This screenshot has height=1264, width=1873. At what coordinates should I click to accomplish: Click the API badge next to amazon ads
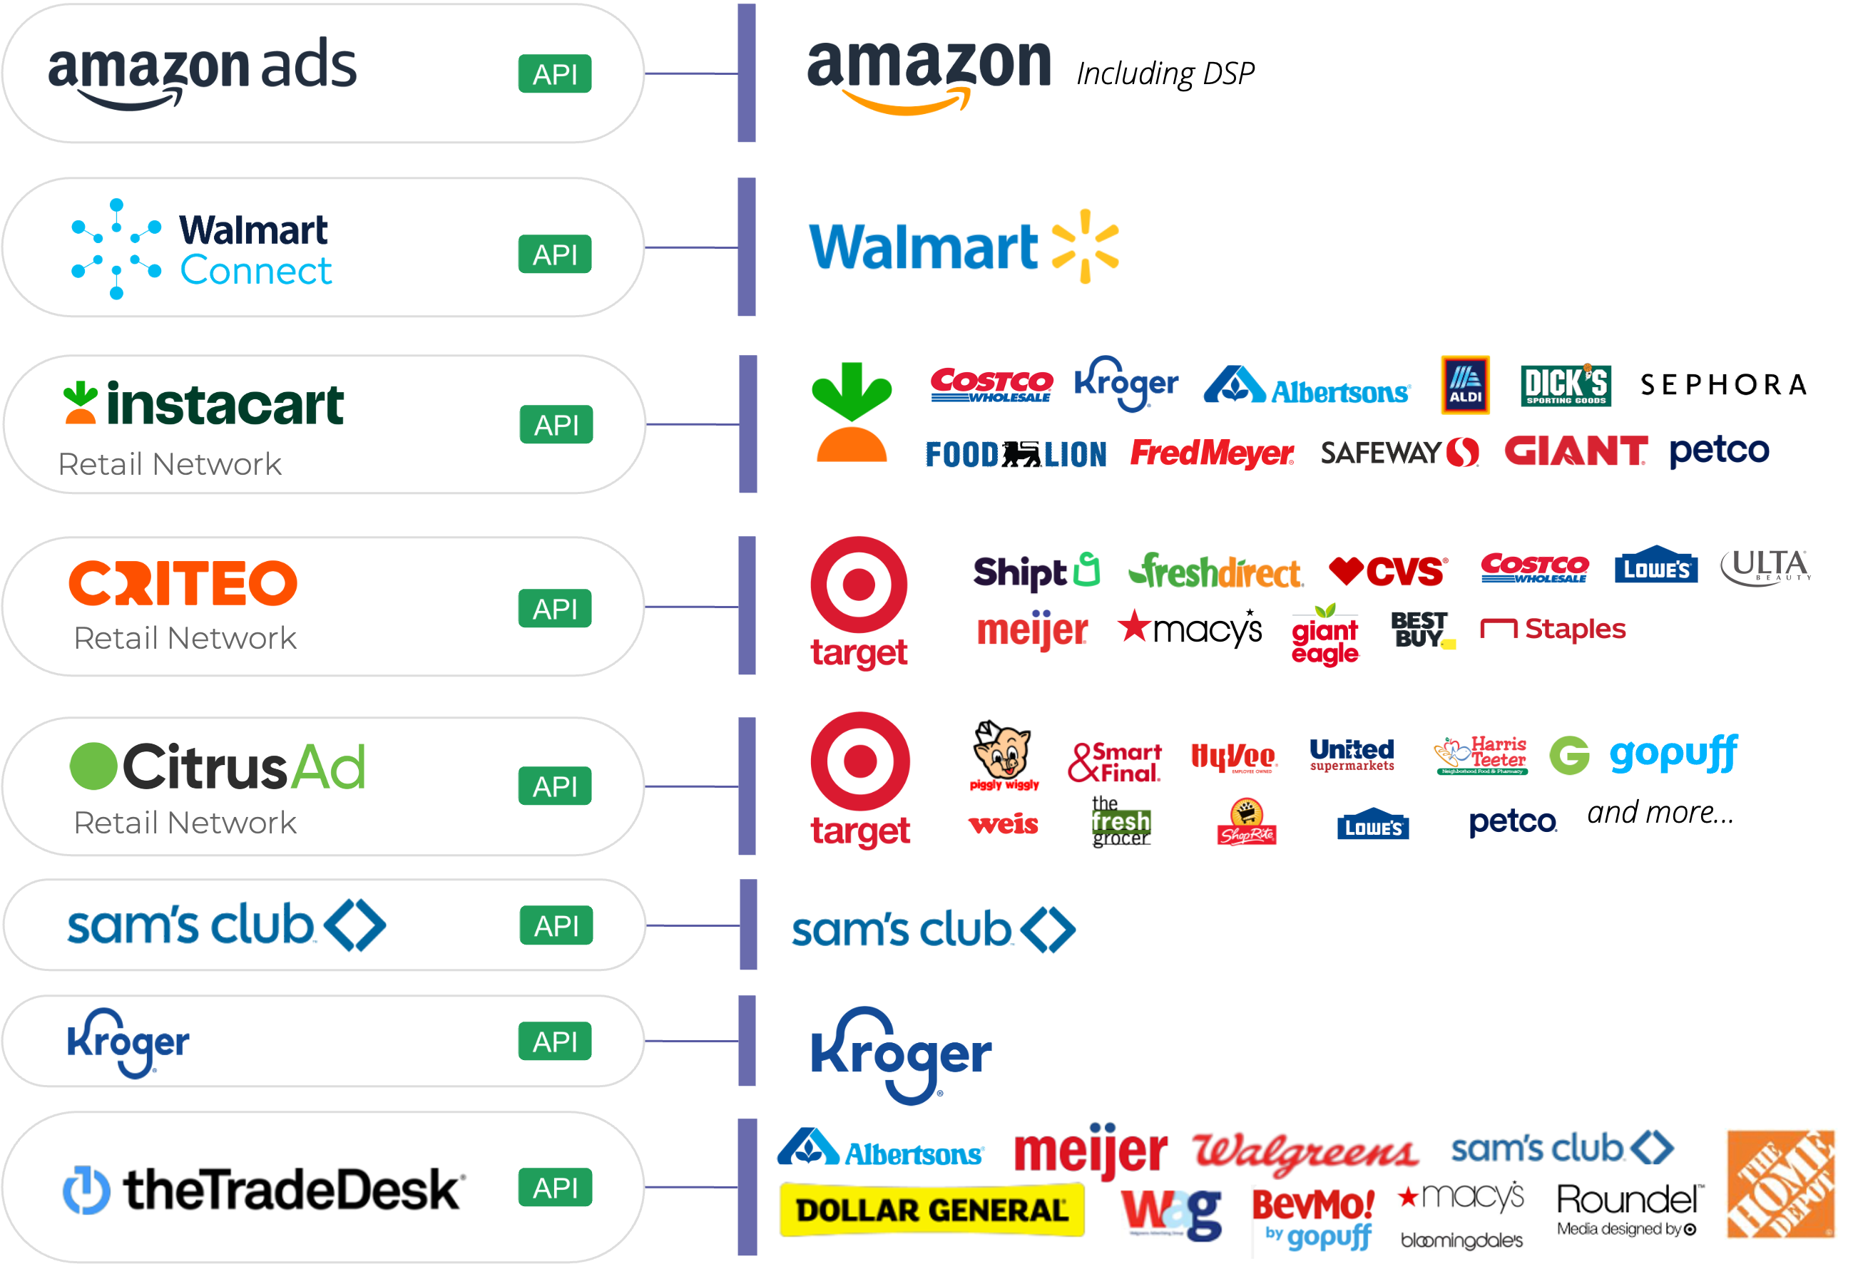(x=554, y=74)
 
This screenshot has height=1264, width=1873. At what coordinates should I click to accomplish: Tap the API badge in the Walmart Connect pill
(x=554, y=255)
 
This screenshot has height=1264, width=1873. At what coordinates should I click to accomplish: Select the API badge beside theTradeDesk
(x=554, y=1188)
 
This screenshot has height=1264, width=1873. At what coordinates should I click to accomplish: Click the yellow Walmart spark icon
(x=1086, y=247)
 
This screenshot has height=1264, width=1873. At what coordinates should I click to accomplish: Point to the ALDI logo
(x=1464, y=385)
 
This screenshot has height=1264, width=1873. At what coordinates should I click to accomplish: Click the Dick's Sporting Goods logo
(x=1565, y=385)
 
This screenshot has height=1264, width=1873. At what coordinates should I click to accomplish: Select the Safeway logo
(x=1399, y=453)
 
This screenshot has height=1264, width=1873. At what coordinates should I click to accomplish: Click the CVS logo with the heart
(x=1388, y=572)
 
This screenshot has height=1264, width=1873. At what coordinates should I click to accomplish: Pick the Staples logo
(x=1552, y=630)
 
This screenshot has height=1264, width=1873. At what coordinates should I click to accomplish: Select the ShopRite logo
(x=1246, y=823)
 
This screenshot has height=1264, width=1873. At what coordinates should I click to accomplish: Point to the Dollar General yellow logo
(x=931, y=1210)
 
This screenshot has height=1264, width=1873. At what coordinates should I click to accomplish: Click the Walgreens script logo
(x=1306, y=1152)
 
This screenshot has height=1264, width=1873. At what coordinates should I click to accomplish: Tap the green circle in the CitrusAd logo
(x=93, y=766)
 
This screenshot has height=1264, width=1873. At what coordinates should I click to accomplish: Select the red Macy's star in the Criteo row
(x=1135, y=626)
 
